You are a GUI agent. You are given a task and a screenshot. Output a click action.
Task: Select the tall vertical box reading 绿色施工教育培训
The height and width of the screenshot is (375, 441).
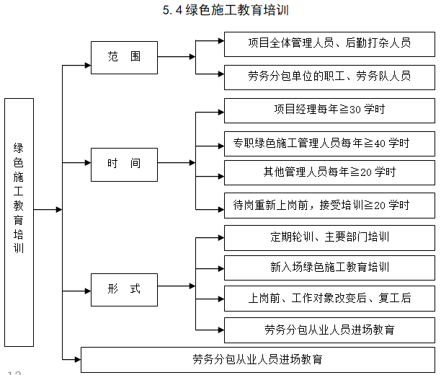coord(19,208)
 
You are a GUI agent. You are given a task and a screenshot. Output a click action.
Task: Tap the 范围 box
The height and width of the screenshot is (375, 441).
coord(124,56)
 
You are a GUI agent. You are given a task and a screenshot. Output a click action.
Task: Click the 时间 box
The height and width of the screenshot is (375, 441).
coord(124,163)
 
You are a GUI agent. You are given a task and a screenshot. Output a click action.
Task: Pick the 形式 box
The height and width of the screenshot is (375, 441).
coord(124,289)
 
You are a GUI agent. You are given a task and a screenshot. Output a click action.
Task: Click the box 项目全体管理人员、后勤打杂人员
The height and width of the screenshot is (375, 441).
coord(329,43)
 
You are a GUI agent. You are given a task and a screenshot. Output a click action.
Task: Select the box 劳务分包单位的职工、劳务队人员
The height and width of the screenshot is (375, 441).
coord(329,76)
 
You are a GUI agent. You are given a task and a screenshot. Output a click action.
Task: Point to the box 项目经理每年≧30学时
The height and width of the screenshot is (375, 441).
coord(329,110)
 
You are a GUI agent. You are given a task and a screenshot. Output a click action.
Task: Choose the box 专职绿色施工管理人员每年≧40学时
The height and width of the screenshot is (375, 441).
coord(329,142)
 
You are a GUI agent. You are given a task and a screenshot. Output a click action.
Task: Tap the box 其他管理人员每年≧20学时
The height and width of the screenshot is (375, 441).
coord(329,172)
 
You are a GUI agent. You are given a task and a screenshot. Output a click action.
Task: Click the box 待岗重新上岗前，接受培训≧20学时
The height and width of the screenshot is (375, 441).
coord(329,205)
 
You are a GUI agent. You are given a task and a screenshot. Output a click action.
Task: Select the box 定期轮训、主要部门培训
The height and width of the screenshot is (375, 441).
coord(329,237)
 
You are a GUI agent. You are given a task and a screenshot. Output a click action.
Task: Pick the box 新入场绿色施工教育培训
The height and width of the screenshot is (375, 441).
coord(329,267)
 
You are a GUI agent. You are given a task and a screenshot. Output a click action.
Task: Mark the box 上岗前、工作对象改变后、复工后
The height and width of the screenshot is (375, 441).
coord(329,298)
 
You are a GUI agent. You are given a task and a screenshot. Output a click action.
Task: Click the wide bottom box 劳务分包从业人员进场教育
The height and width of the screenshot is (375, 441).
coord(257,359)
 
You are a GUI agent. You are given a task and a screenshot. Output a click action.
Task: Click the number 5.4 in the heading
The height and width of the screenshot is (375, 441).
coord(174,11)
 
